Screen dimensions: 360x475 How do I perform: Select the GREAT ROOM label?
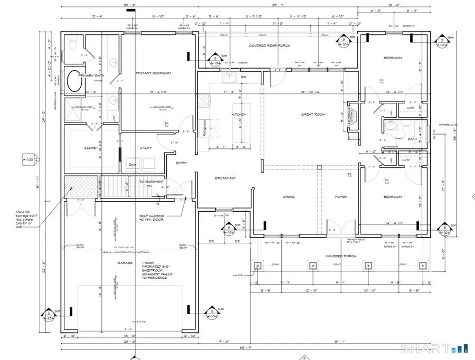click(x=313, y=114)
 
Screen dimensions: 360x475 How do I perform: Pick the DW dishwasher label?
click(x=243, y=77)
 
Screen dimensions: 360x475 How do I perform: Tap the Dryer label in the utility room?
click(x=133, y=164)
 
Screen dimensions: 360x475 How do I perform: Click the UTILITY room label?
click(x=146, y=148)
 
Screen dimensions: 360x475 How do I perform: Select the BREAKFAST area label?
click(x=225, y=178)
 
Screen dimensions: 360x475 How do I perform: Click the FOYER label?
click(x=341, y=197)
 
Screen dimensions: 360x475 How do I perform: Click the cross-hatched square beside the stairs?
click(x=80, y=186)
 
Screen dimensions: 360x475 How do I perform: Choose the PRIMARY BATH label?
click(x=90, y=75)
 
